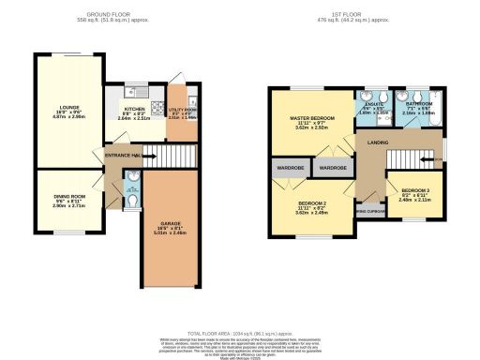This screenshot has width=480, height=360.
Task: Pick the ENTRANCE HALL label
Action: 123,155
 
